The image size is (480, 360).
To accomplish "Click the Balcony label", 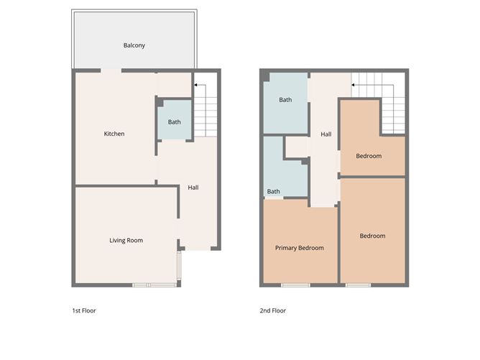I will [134, 45].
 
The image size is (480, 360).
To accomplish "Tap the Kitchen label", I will [114, 134].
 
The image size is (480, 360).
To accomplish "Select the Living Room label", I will [126, 240].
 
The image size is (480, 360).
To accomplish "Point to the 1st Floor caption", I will [84, 311].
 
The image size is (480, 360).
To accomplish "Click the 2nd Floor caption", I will [272, 311].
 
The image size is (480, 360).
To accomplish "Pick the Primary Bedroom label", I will [300, 248].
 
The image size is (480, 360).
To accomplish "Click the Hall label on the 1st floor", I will [193, 188].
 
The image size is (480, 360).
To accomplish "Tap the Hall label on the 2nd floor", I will [326, 134].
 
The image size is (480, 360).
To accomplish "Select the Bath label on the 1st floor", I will [175, 122].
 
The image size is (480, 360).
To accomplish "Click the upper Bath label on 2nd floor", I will [285, 100].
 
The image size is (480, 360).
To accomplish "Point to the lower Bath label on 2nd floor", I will [274, 191].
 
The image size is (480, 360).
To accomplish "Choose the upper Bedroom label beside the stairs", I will [369, 156].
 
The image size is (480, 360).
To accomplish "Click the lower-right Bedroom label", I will [372, 236].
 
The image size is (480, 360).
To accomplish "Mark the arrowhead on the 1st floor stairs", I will [194, 86].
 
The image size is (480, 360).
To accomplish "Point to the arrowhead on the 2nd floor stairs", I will [353, 86].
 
